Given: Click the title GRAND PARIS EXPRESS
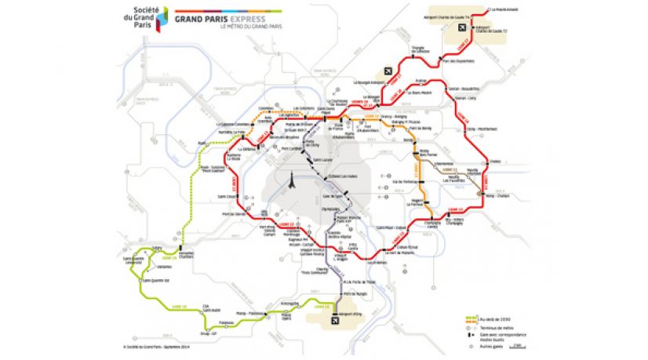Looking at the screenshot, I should coord(220,16).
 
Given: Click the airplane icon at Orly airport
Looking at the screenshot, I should coord(337,320).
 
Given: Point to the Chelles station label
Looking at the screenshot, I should coord(494,162).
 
